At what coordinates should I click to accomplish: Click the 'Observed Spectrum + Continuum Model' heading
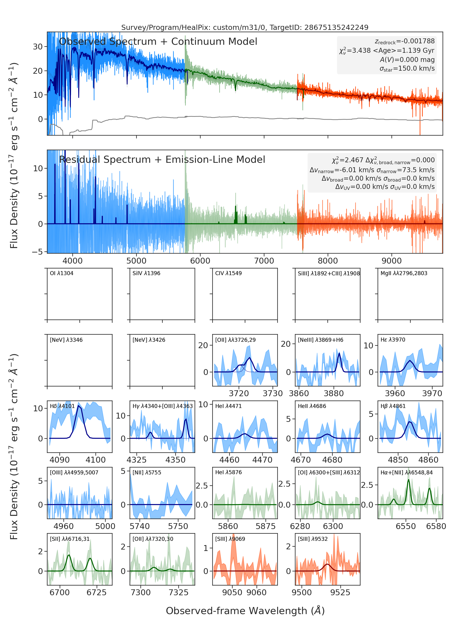point(158,42)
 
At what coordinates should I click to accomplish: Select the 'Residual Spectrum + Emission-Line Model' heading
point(162,160)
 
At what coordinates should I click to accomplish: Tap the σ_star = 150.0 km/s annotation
point(407,69)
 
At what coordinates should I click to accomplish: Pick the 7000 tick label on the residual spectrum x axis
point(264,261)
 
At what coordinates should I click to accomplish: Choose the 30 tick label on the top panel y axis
point(38,46)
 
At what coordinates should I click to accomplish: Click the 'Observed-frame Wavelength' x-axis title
point(245,611)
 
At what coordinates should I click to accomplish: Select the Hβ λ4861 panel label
point(393,406)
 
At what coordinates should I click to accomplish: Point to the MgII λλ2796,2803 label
point(404,273)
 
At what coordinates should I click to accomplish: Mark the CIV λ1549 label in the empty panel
point(228,273)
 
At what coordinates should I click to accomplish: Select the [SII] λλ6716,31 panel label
point(69,539)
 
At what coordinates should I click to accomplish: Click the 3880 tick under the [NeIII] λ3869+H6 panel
point(333,394)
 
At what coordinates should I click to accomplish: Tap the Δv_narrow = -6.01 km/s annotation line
point(372,170)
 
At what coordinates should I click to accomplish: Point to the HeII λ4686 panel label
point(312,406)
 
